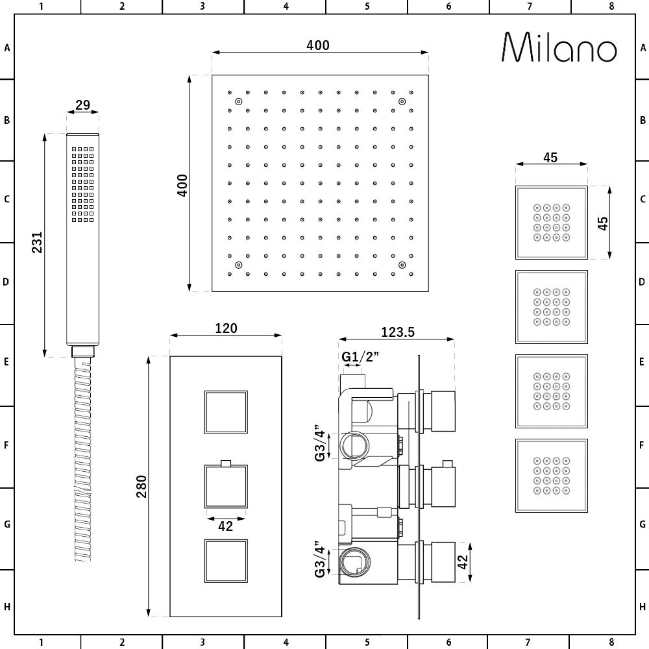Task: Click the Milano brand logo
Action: tap(559, 47)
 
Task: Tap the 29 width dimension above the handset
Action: tap(82, 105)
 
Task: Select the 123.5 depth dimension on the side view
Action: tap(397, 332)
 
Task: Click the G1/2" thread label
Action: tap(360, 356)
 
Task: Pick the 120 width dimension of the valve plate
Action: tap(226, 328)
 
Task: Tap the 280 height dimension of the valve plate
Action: tap(142, 486)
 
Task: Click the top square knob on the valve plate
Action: tap(227, 412)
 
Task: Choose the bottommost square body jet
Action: tap(551, 476)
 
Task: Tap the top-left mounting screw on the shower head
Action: tap(239, 101)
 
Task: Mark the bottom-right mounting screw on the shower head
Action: tap(402, 265)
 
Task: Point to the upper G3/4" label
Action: tap(319, 443)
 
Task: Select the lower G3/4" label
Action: tap(319, 559)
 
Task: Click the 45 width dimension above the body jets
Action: tap(550, 158)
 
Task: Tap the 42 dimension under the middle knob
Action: tap(225, 526)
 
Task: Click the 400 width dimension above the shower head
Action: tap(318, 45)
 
